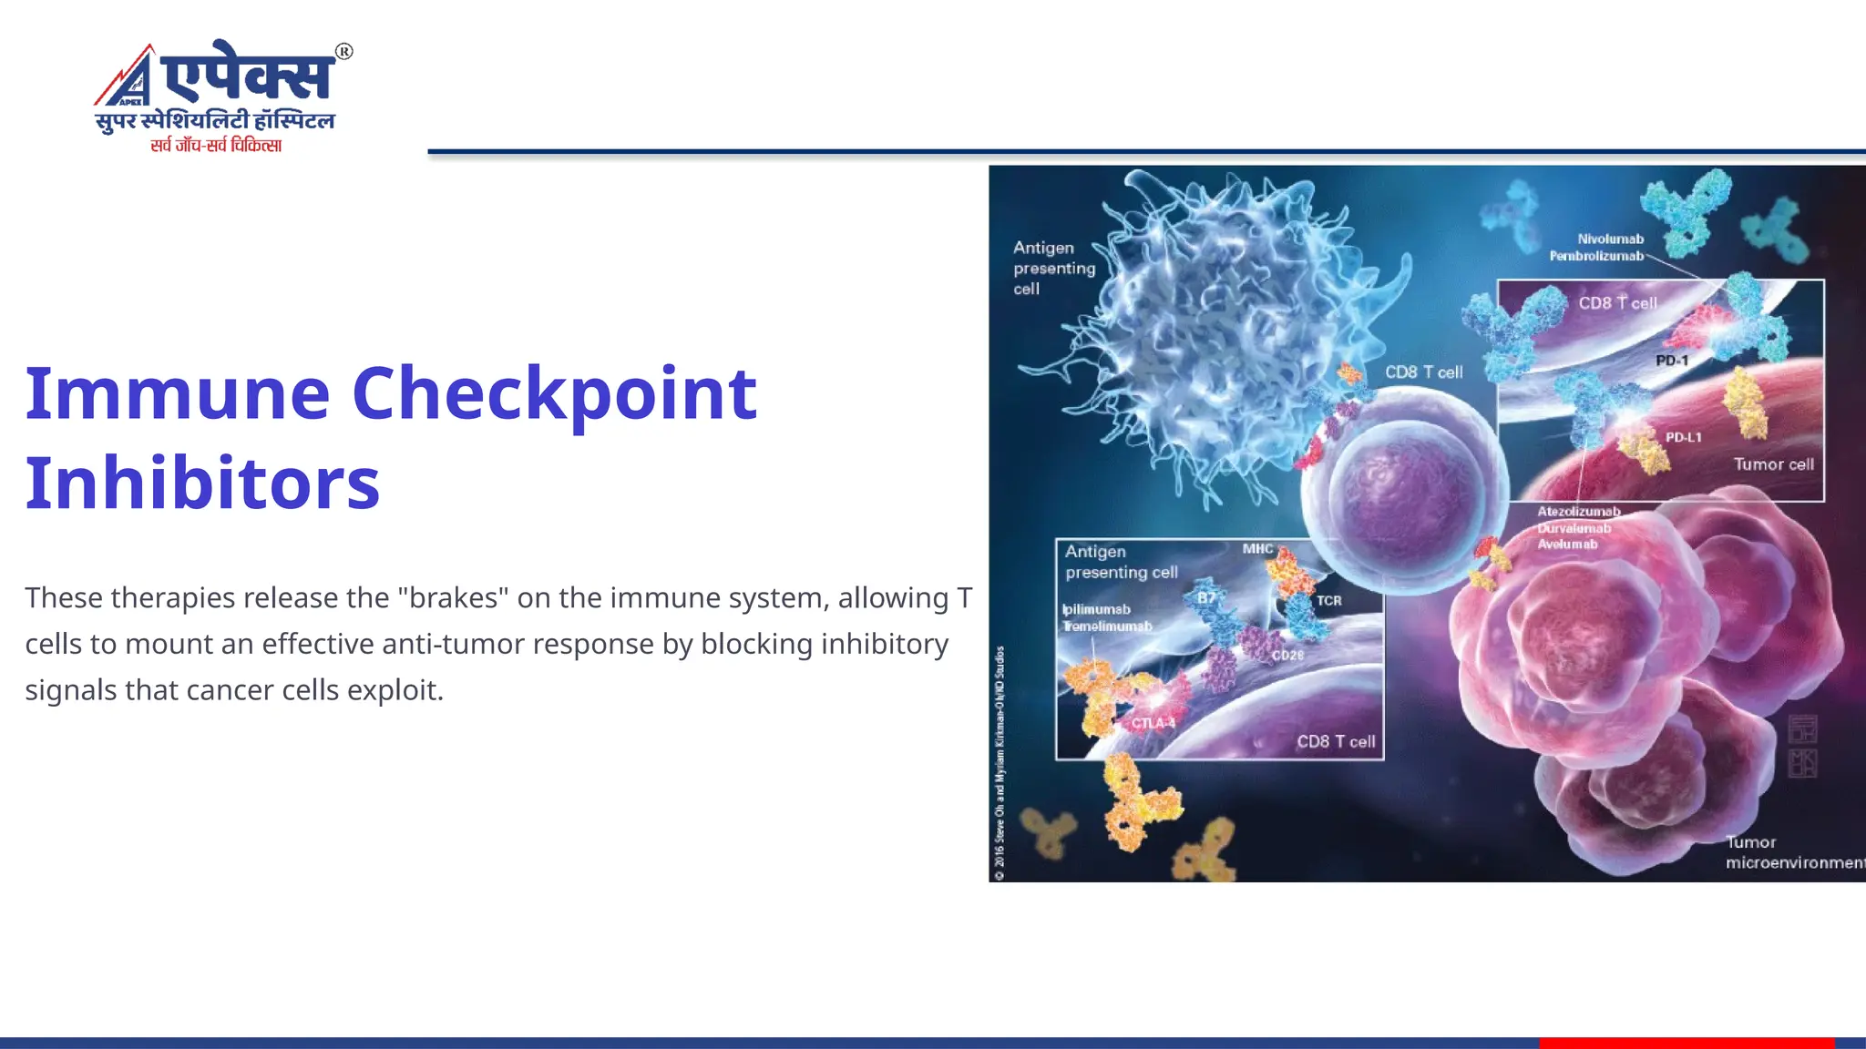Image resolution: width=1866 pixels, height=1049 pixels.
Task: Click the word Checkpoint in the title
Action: click(554, 394)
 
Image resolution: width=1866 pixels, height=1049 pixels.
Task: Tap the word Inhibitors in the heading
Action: click(202, 483)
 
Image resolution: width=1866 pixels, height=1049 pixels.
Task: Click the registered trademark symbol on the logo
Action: click(343, 52)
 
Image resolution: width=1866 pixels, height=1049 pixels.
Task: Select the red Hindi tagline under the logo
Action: click(216, 145)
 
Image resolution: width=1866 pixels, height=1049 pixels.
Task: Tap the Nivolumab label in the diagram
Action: click(1610, 239)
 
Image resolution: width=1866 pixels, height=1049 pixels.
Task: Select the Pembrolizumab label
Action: click(1596, 256)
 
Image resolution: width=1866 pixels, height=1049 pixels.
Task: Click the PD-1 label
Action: click(1672, 361)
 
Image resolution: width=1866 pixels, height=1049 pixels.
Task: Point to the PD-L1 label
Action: click(1683, 437)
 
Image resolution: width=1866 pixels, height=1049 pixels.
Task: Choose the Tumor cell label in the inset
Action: click(1773, 464)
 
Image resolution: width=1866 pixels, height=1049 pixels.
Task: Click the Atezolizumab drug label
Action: click(1579, 512)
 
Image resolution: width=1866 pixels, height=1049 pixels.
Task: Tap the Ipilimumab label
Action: click(1096, 609)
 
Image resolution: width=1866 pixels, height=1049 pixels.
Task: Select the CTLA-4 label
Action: click(1153, 723)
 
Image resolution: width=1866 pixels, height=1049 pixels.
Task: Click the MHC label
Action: click(1257, 548)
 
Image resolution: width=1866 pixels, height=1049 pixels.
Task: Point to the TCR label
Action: click(1328, 601)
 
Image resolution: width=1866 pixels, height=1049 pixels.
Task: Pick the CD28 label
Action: click(1287, 655)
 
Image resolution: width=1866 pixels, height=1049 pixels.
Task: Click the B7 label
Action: click(1205, 598)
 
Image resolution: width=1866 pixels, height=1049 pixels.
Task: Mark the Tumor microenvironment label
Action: click(1790, 852)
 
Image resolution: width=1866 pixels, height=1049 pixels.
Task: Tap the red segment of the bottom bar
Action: click(1686, 1043)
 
